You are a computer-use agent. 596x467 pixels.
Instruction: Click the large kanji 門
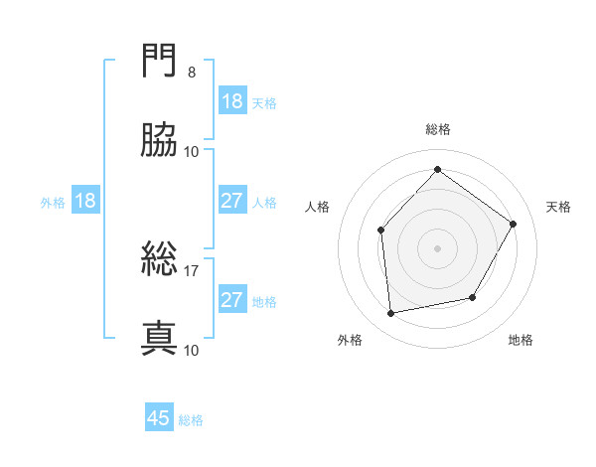click(x=159, y=65)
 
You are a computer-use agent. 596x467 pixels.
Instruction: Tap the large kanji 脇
click(x=159, y=141)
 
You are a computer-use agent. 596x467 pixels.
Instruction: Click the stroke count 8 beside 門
click(x=192, y=74)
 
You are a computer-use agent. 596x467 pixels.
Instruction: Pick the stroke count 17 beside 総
click(x=192, y=270)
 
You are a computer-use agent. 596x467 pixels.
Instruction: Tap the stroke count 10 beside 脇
click(x=192, y=151)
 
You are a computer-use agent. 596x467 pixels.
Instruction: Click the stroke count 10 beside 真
click(x=192, y=350)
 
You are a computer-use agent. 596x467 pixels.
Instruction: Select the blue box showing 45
click(x=159, y=418)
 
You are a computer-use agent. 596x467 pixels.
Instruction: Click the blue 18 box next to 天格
click(x=232, y=101)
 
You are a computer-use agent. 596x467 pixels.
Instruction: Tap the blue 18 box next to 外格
click(x=85, y=201)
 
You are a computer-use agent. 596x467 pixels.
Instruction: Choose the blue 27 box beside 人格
click(x=232, y=201)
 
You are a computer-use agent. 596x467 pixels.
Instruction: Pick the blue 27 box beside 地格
click(x=232, y=300)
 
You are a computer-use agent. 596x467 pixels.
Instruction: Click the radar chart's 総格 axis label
click(x=438, y=129)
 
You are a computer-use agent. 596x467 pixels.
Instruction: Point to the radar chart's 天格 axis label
click(x=559, y=207)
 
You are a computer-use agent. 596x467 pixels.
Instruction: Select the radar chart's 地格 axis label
click(x=521, y=341)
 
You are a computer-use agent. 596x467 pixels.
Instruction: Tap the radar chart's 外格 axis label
click(x=350, y=341)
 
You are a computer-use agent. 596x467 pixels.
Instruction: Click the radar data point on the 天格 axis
click(x=514, y=224)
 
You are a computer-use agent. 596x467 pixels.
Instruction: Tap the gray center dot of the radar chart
click(x=437, y=247)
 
